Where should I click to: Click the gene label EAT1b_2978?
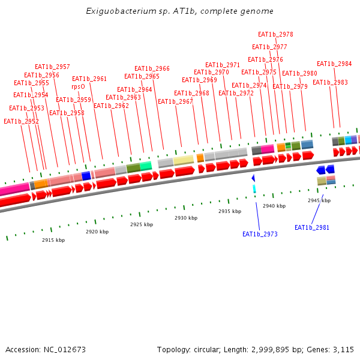pyautogui.click(x=275, y=35)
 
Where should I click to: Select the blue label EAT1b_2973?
pyautogui.click(x=260, y=234)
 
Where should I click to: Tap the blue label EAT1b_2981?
pyautogui.click(x=312, y=227)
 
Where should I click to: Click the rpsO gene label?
pyautogui.click(x=78, y=86)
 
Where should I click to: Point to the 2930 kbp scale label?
pyautogui.click(x=186, y=218)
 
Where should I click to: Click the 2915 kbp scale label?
pyautogui.click(x=53, y=240)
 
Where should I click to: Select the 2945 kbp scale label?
pyautogui.click(x=319, y=200)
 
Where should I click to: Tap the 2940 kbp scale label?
pyautogui.click(x=274, y=206)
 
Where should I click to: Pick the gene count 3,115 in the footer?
pyautogui.click(x=343, y=349)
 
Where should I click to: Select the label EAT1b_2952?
pyautogui.click(x=21, y=121)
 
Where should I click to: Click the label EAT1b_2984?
pyautogui.click(x=334, y=64)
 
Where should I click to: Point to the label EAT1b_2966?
pyautogui.click(x=152, y=69)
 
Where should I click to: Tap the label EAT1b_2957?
pyautogui.click(x=52, y=67)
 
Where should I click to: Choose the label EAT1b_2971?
pyautogui.click(x=223, y=65)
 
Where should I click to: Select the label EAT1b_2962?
pyautogui.click(x=111, y=106)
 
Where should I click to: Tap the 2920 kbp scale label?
pyautogui.click(x=97, y=232)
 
